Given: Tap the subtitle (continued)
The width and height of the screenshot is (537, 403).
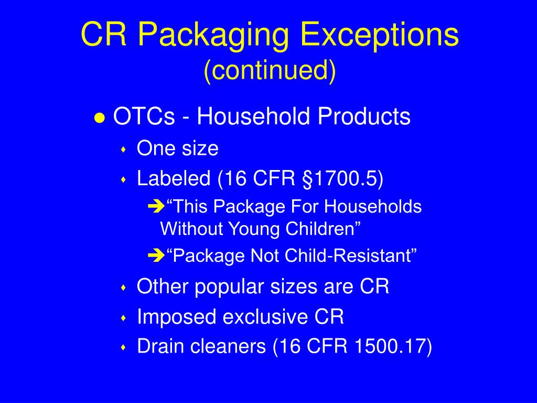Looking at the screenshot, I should click(269, 70).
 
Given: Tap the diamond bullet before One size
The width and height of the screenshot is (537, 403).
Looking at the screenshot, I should click(124, 150).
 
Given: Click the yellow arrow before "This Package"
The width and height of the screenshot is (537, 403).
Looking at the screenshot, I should click(156, 207).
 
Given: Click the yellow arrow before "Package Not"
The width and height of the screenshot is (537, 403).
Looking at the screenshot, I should click(156, 256).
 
